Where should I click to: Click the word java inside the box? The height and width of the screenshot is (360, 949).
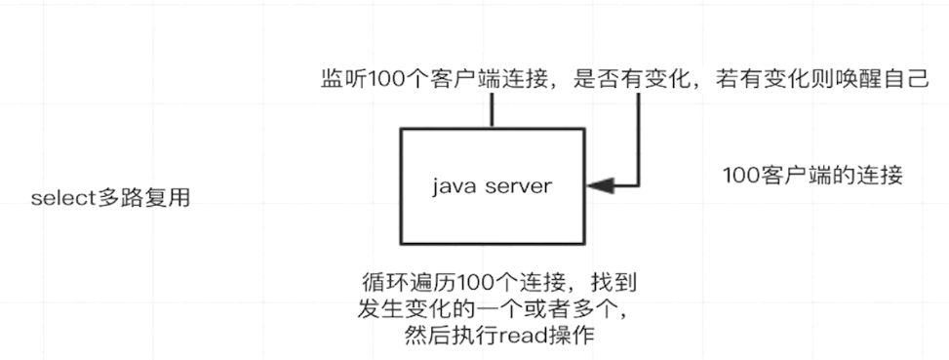click(x=451, y=185)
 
